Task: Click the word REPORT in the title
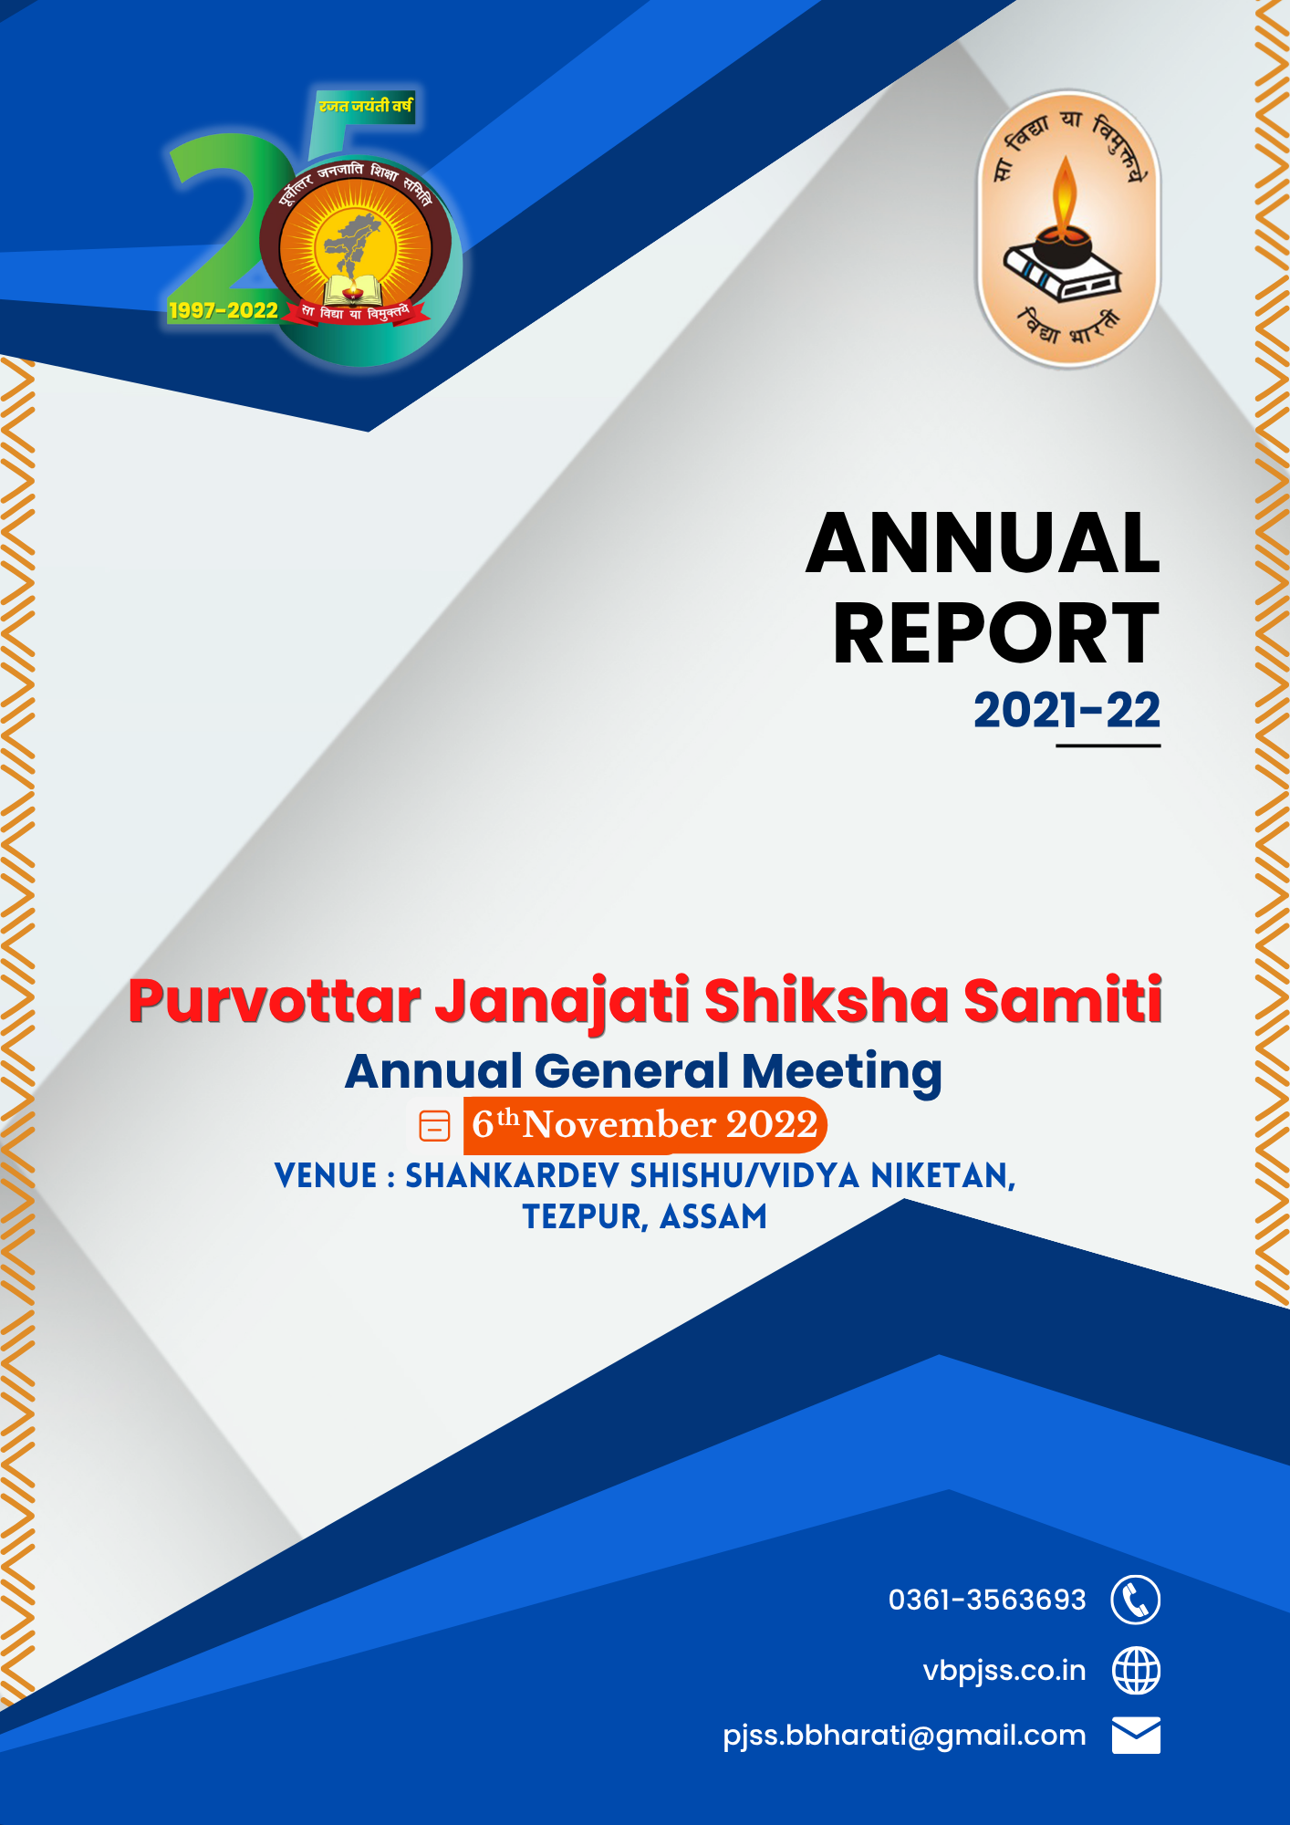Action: [996, 633]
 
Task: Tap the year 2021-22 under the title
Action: [1066, 710]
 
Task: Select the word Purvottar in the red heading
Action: [275, 1001]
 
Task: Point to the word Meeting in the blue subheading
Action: [841, 1072]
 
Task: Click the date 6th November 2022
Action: [644, 1125]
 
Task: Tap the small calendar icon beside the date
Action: [434, 1126]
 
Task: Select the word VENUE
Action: [326, 1175]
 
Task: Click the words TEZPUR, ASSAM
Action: [645, 1216]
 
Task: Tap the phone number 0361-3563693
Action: [987, 1600]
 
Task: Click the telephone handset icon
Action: [1136, 1600]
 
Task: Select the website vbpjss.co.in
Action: [1004, 1671]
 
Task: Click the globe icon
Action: [1136, 1671]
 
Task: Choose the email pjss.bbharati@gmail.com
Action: [904, 1736]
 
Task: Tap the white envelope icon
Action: [1136, 1736]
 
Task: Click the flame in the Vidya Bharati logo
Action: [1065, 194]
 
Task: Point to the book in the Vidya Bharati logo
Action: [1062, 271]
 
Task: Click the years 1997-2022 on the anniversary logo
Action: [224, 310]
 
